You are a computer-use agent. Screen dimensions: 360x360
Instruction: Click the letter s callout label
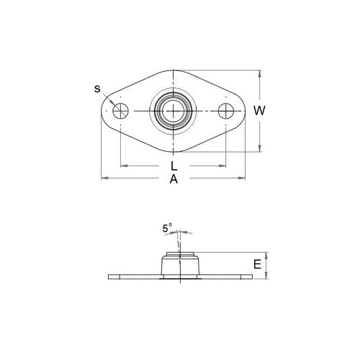coord(98,89)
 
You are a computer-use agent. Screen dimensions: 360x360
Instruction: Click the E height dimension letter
coord(257,265)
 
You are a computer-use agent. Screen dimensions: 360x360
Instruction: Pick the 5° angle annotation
coord(167,230)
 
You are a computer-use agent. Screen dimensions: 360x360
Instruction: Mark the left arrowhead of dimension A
coord(102,177)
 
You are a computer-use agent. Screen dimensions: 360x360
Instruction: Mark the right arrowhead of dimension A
coord(243,177)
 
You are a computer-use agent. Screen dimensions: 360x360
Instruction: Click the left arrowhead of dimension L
coord(122,166)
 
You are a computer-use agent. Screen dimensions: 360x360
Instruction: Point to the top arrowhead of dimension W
coord(259,72)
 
